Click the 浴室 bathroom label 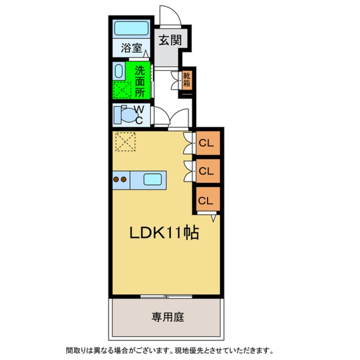tap(131, 49)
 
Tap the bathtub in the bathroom tap(131, 29)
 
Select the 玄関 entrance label tap(171, 40)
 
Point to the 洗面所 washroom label tap(140, 81)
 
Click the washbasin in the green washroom tap(119, 71)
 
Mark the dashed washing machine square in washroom tap(122, 90)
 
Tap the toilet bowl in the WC tap(126, 114)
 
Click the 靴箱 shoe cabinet tap(187, 80)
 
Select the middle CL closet tap(207, 171)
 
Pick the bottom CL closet tap(207, 200)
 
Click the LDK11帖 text tap(164, 233)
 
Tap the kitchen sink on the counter tap(152, 180)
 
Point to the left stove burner tap(116, 180)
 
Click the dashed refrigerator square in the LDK tap(125, 141)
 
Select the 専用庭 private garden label tap(168, 317)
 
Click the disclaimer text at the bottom tap(168, 351)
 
